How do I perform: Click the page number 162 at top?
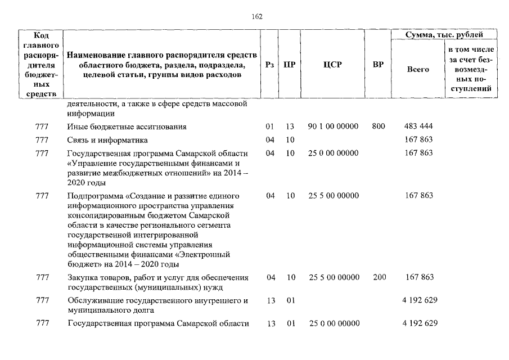click(x=257, y=16)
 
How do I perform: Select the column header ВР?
click(x=378, y=65)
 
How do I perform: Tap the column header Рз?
click(x=269, y=65)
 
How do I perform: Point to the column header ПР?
click(x=289, y=65)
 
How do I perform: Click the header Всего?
click(x=417, y=69)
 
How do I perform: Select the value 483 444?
click(x=418, y=127)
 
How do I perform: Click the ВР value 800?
click(x=378, y=127)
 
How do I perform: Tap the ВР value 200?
click(x=378, y=277)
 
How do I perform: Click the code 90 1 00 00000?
click(x=333, y=127)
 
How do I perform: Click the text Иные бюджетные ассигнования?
click(x=127, y=127)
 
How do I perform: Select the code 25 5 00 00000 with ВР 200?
click(x=333, y=277)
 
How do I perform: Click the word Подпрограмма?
click(x=94, y=196)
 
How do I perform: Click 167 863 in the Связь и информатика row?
click(x=418, y=140)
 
